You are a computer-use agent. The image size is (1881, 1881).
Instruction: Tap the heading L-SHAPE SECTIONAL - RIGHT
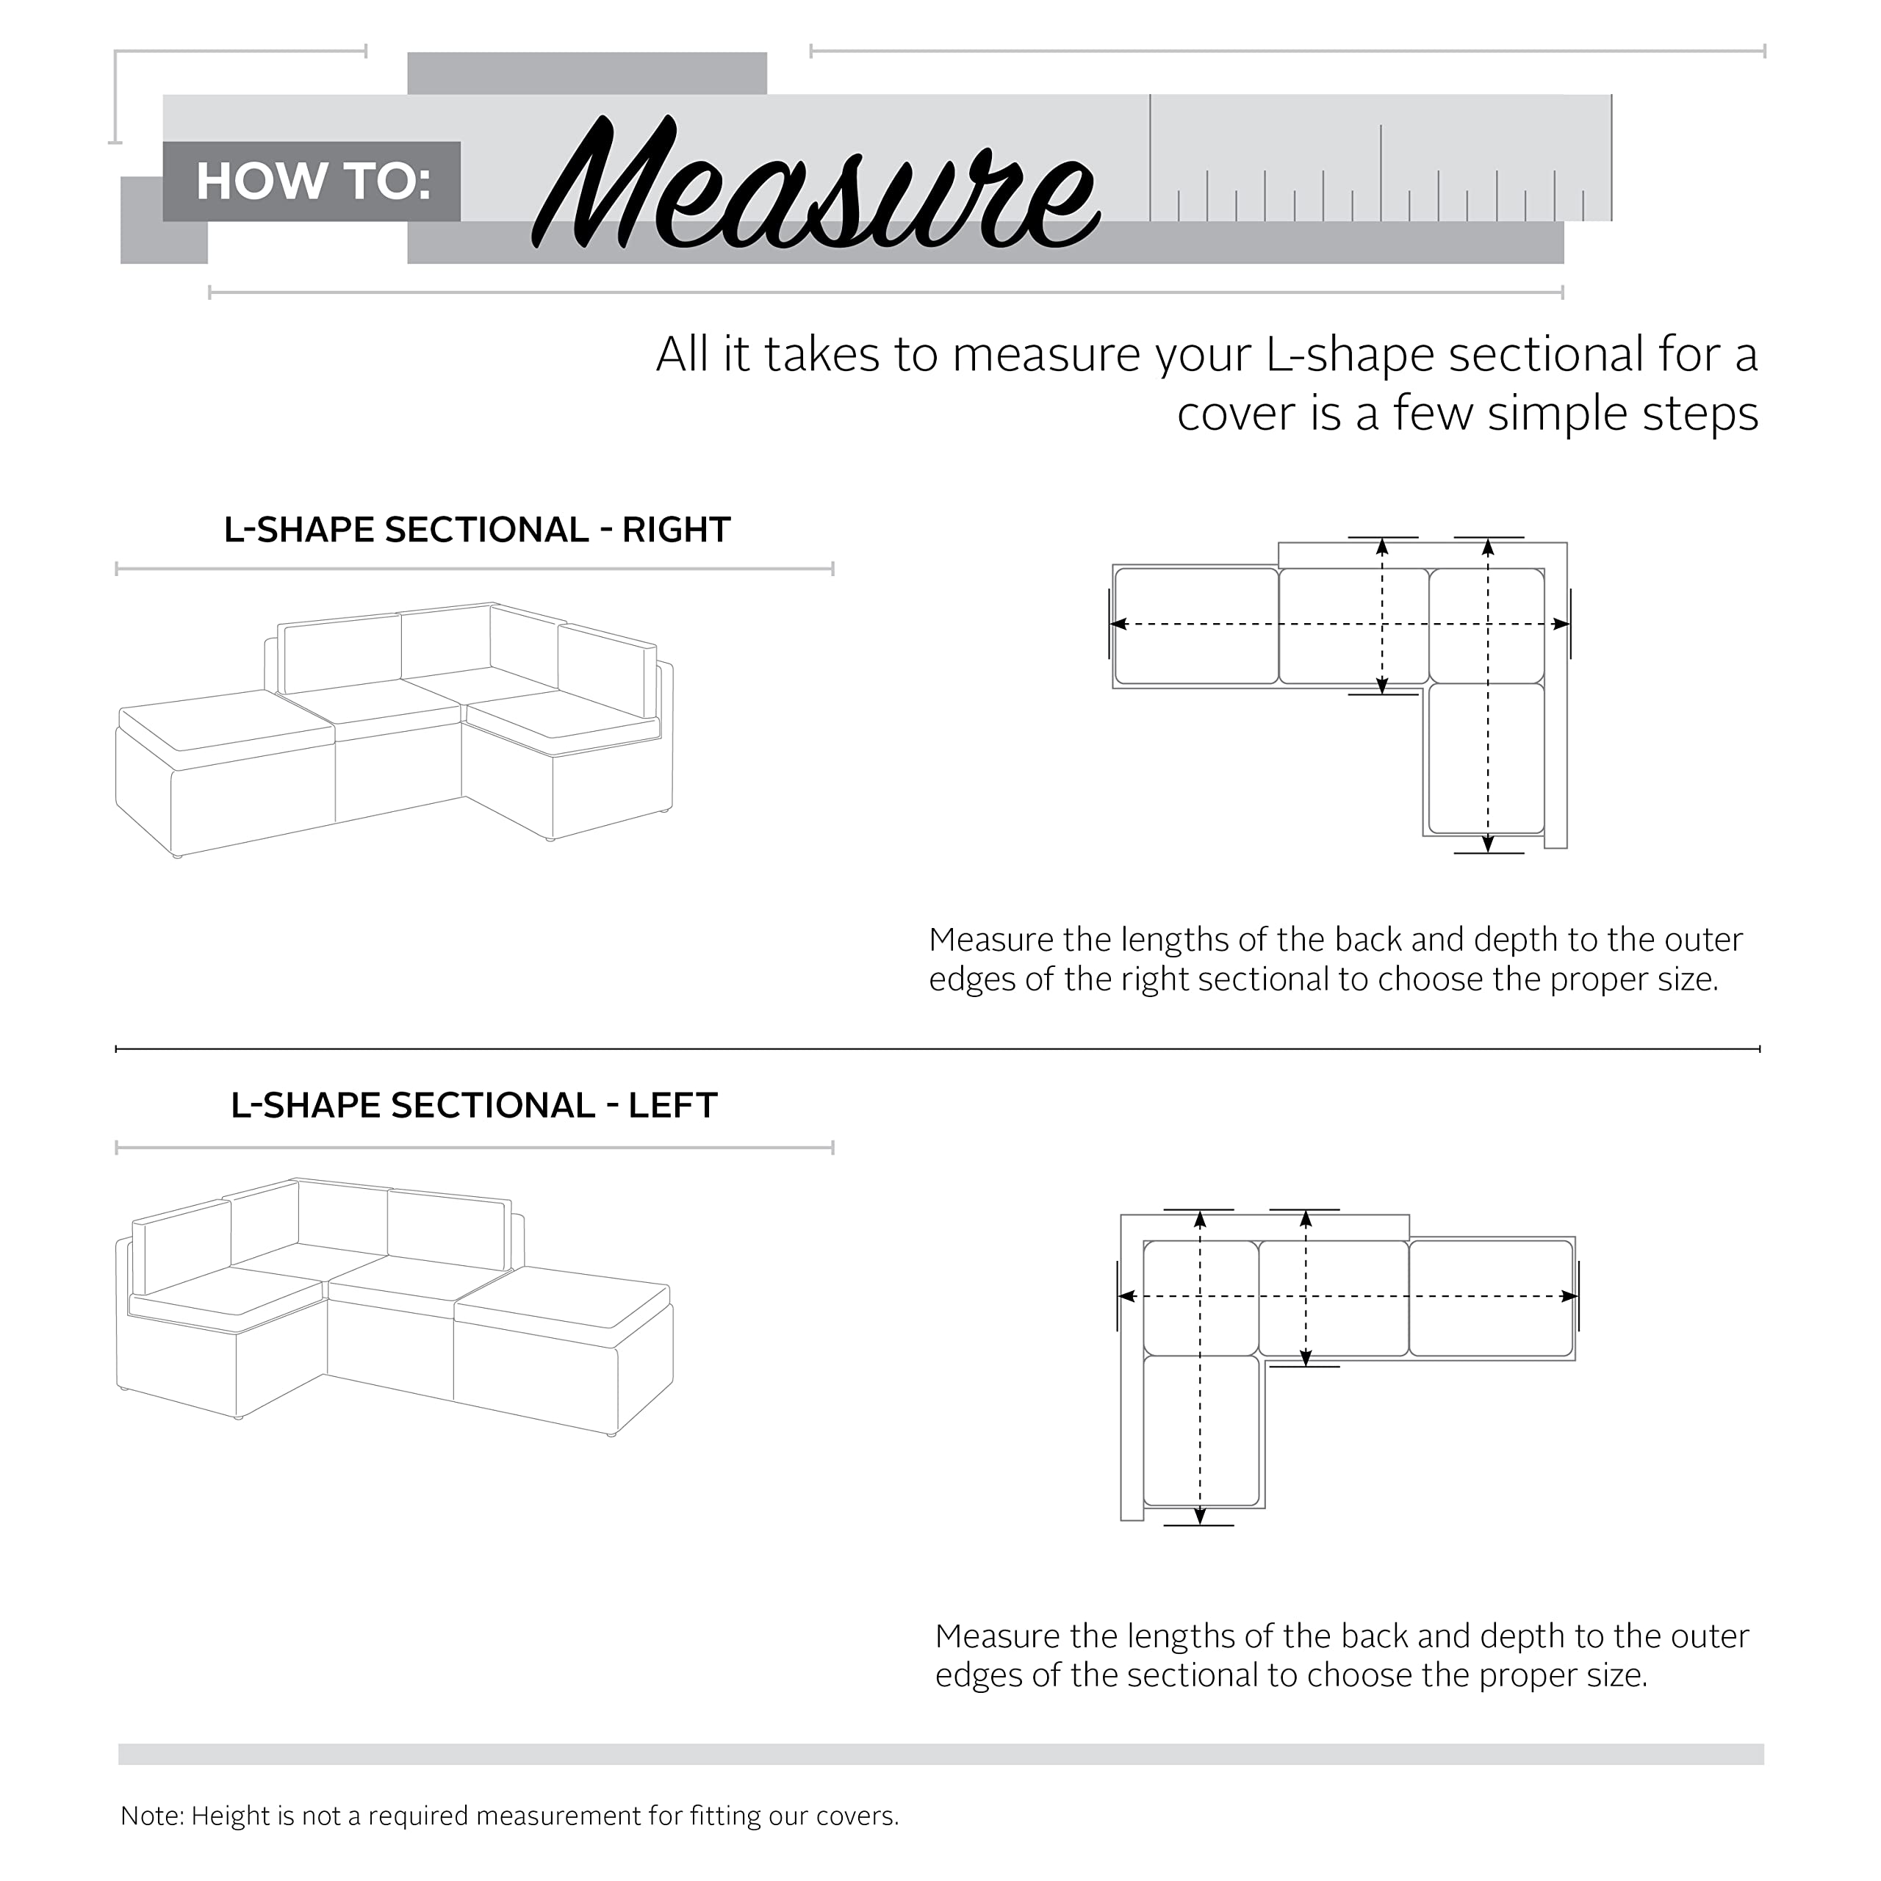[477, 531]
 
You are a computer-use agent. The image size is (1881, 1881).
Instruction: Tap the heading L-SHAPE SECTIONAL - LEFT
[474, 1106]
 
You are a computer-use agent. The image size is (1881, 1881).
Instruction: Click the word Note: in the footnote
[152, 1816]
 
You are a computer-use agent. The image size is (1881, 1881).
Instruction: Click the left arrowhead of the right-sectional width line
[1120, 624]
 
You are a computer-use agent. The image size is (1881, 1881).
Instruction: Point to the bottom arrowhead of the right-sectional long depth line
[1489, 844]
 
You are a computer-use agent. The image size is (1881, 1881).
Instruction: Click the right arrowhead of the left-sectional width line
[1569, 1297]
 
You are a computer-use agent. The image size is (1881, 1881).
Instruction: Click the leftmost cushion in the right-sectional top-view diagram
[1196, 626]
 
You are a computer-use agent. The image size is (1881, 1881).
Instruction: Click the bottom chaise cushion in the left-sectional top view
[1201, 1431]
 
